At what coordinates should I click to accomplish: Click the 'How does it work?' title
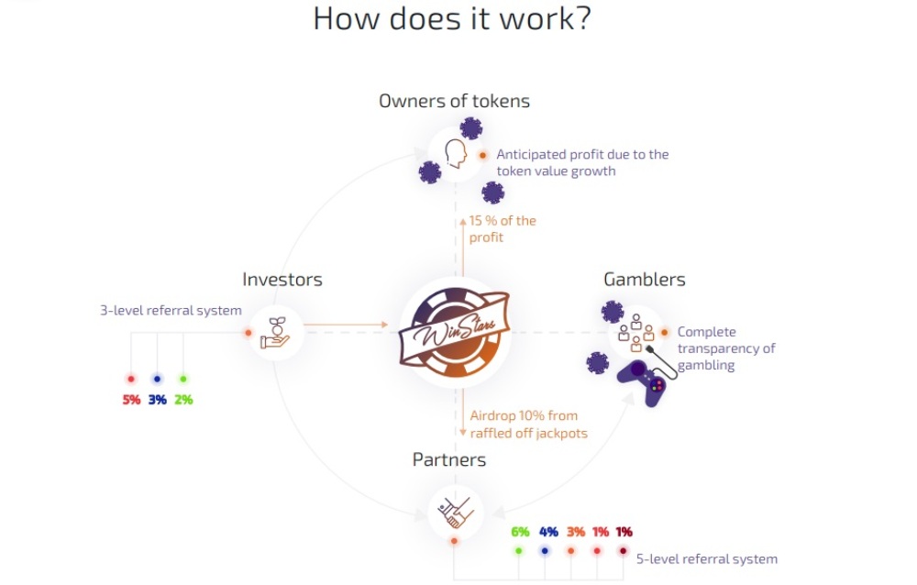coord(452,18)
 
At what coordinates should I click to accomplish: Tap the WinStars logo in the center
coord(455,332)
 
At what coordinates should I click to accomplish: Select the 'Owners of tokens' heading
coord(455,101)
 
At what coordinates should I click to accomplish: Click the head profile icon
coord(456,154)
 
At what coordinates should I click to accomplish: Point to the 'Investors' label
coord(282,280)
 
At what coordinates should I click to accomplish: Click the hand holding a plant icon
coord(275,332)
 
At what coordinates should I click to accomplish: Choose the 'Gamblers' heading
coord(645,280)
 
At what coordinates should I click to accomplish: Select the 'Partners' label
coord(449,459)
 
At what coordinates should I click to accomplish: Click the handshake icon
coord(456,513)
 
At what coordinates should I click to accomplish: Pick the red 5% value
coord(131,400)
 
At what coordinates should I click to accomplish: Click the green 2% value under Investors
coord(183,400)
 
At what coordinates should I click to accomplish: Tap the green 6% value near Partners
coord(520,532)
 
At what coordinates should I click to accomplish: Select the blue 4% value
coord(548,532)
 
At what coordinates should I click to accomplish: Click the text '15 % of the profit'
coord(503,228)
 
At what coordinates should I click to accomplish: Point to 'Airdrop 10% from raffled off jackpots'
coord(529,425)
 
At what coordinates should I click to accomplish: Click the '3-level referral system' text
coord(171,310)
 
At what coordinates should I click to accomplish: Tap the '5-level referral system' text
coord(707,558)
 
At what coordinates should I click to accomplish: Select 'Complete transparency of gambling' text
coord(726,348)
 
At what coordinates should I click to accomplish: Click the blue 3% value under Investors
coord(158,400)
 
